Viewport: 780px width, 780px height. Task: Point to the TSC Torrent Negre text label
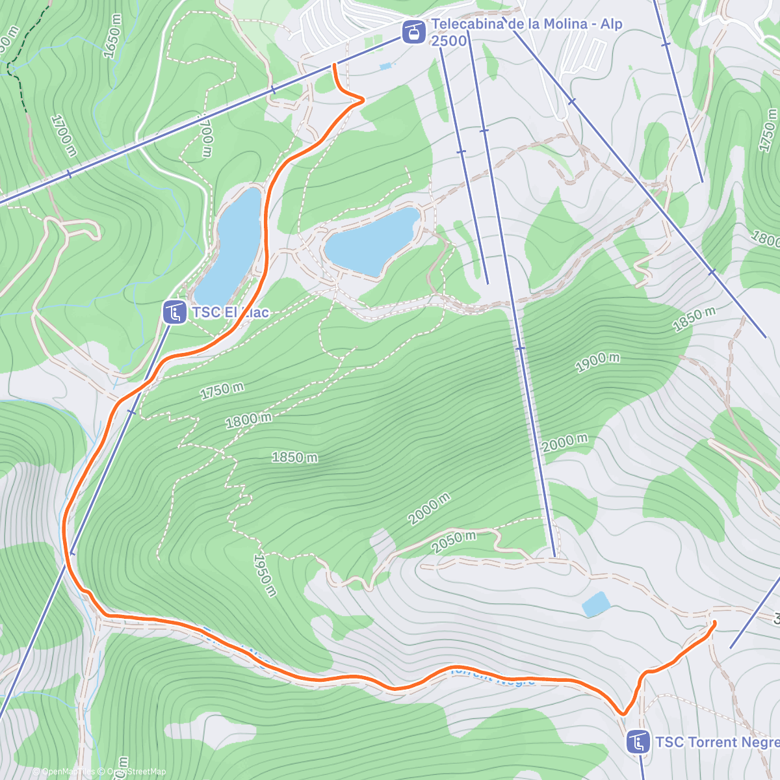click(716, 742)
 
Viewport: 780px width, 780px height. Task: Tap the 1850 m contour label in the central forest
click(294, 457)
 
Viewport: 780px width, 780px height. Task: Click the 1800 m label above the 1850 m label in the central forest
click(248, 420)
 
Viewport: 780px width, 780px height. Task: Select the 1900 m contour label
click(597, 361)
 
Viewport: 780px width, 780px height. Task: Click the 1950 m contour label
click(265, 575)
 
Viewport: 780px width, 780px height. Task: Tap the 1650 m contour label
click(112, 36)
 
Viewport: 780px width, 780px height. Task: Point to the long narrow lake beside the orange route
click(231, 244)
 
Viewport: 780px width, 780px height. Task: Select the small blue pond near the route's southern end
click(595, 604)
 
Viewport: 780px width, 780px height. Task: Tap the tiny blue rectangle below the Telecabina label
click(386, 66)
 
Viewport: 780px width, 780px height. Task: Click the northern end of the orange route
click(334, 64)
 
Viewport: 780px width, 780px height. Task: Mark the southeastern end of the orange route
click(714, 623)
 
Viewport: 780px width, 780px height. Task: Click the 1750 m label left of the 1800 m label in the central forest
click(222, 390)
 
